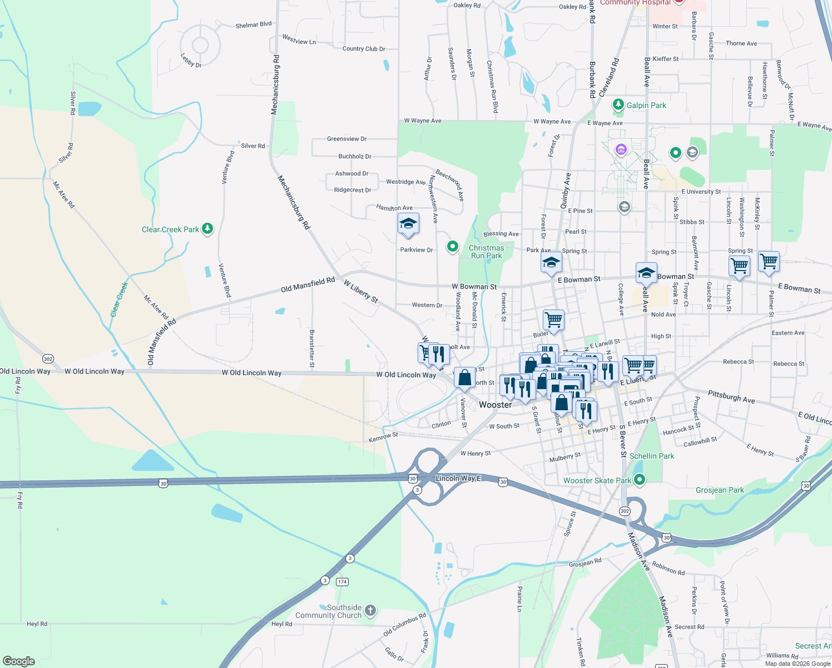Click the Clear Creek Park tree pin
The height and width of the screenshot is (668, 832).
207,228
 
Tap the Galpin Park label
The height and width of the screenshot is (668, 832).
646,105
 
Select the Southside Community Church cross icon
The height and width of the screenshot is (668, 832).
370,611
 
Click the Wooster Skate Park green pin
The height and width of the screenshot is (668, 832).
640,479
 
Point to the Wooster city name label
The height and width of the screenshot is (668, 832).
495,405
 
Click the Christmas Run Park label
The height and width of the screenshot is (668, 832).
486,252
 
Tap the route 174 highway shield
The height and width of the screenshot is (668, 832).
342,582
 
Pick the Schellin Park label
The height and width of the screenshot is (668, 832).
651,456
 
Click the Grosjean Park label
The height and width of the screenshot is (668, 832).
720,490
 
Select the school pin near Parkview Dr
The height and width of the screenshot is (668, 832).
408,224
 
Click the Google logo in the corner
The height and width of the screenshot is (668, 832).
19,661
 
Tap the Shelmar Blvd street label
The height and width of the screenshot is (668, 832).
254,24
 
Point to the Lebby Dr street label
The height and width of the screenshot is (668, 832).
191,60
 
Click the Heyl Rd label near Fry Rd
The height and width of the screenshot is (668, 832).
37,623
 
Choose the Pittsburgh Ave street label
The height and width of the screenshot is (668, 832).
731,396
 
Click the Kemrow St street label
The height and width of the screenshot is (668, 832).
383,437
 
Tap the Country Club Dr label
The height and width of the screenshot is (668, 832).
364,48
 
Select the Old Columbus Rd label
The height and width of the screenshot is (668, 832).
404,625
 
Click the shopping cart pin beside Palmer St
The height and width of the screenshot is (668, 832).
769,261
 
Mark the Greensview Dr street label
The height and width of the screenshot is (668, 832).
346,139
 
